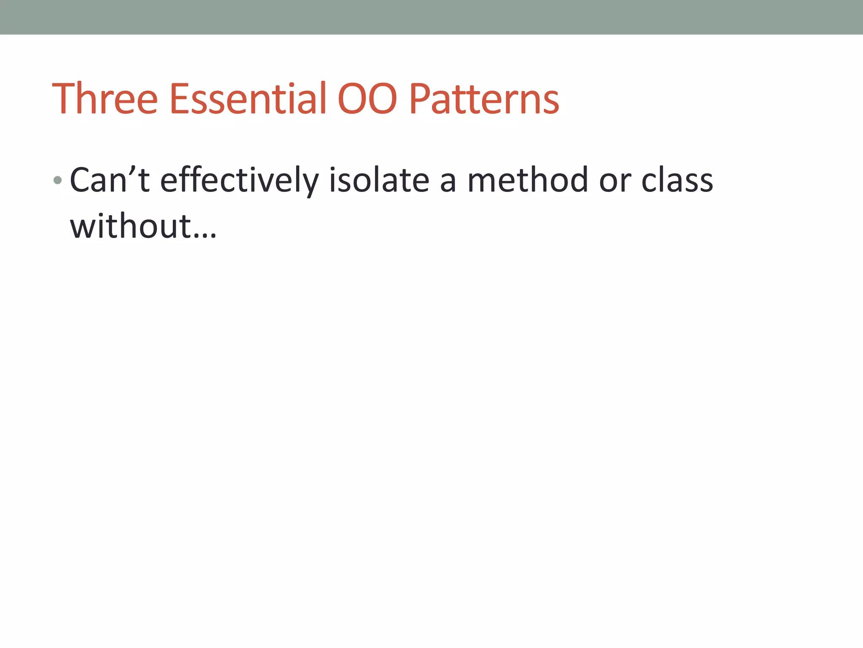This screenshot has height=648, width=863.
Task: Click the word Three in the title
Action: [105, 99]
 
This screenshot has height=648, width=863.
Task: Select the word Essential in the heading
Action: [248, 99]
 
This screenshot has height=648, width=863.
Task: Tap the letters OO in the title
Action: [367, 100]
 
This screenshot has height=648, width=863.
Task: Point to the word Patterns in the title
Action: [484, 100]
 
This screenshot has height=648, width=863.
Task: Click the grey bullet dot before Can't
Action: [58, 181]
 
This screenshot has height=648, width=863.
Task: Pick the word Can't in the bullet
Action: [110, 180]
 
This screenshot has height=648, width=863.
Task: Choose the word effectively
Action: [239, 181]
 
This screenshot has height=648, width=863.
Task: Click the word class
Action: [677, 180]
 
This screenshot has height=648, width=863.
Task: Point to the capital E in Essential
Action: [180, 99]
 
